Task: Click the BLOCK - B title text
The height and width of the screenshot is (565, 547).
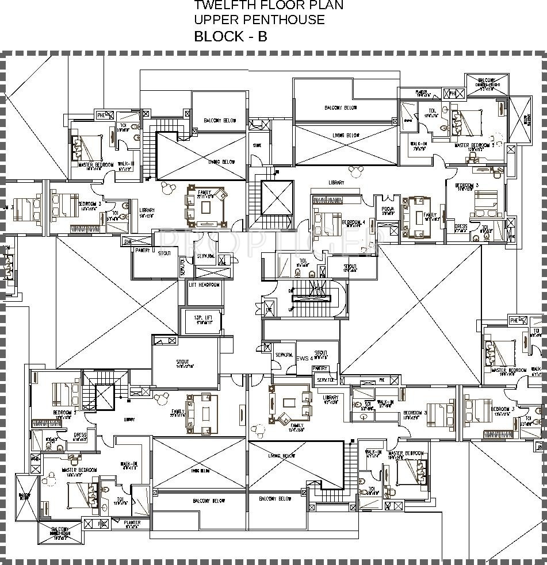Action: pyautogui.click(x=230, y=36)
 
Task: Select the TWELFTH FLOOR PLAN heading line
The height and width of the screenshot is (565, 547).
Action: pyautogui.click(x=269, y=6)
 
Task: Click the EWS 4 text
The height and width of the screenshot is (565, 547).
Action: pyautogui.click(x=304, y=358)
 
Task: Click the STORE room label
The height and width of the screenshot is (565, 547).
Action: pyautogui.click(x=257, y=145)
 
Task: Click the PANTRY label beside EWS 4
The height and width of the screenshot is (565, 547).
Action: pyautogui.click(x=320, y=368)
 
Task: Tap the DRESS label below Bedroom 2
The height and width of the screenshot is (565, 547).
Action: pyautogui.click(x=80, y=435)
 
